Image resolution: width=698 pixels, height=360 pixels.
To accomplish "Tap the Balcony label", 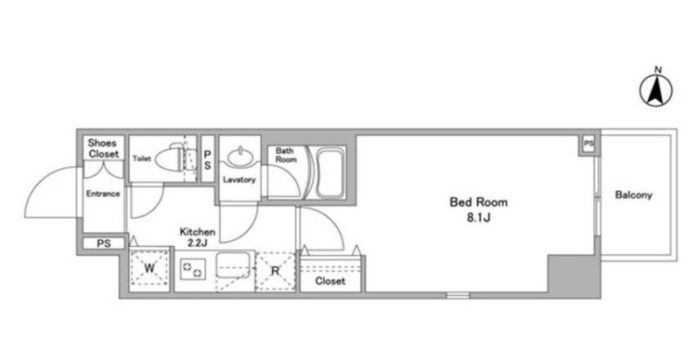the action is point(633,195).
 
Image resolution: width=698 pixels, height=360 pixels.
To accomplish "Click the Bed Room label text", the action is point(478,202).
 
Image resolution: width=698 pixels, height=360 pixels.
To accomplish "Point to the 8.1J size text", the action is point(478,218).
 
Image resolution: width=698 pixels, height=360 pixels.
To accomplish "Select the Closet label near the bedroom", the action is point(330,281).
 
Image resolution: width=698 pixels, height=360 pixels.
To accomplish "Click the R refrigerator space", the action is point(276,271).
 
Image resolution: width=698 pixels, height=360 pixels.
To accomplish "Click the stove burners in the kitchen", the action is point(193,269).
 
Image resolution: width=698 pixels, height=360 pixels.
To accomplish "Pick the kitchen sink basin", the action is point(234,265).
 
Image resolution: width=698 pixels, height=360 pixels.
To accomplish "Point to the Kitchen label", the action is point(197,232).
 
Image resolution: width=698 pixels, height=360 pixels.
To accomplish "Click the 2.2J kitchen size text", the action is point(197,243).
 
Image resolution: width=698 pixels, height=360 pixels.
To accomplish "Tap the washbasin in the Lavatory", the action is point(239,157).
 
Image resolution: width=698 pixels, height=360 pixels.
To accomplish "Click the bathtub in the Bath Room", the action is point(329,173).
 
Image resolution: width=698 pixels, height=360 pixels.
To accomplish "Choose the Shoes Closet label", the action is point(103,149).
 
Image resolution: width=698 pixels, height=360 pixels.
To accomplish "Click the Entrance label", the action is point(102,194).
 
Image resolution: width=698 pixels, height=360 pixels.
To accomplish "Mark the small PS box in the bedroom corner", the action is point(589,145).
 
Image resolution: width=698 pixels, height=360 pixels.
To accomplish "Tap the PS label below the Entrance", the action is point(103,244).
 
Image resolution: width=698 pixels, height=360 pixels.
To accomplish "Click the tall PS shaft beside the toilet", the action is point(208,159).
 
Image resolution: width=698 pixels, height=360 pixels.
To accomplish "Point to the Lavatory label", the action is point(239,180).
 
